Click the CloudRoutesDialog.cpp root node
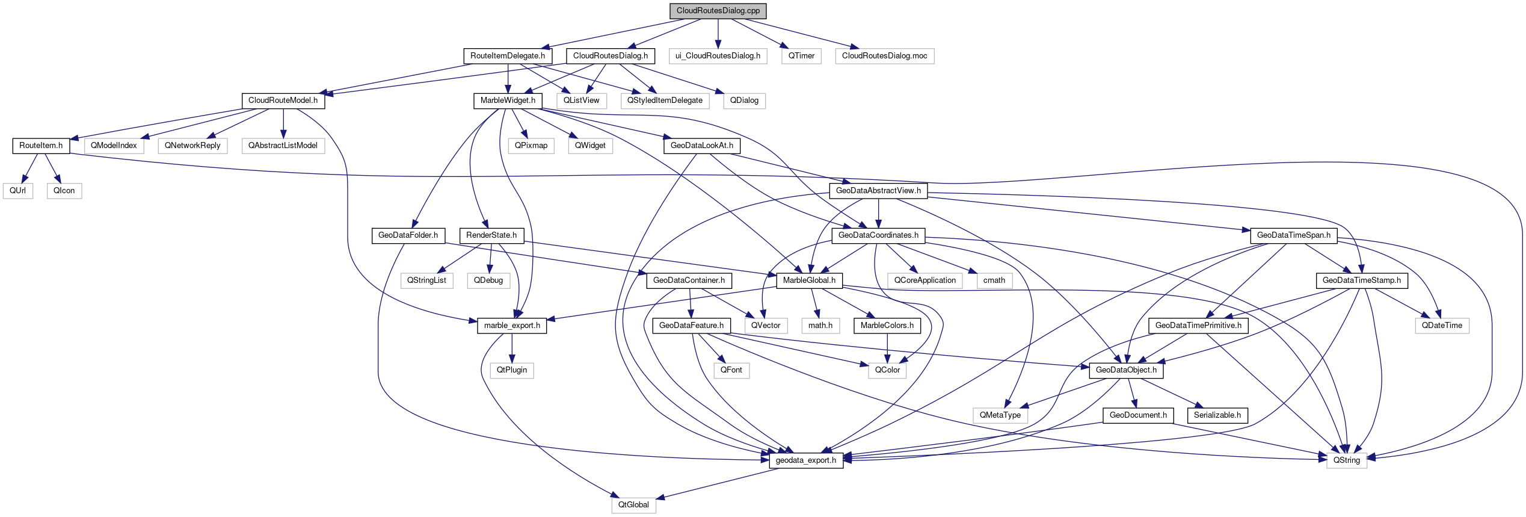(x=718, y=11)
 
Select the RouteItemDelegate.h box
(x=508, y=56)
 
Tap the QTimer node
(x=801, y=56)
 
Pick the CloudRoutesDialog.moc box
(x=884, y=56)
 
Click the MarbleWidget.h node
(x=508, y=101)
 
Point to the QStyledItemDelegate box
(x=665, y=101)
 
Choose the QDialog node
(x=744, y=101)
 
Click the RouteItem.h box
(x=41, y=146)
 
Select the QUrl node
(x=18, y=191)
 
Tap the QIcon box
(x=64, y=191)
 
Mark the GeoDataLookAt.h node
(x=701, y=146)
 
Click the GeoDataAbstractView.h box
(x=878, y=191)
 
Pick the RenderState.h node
(x=491, y=235)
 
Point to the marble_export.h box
(x=512, y=326)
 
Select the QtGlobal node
(x=633, y=505)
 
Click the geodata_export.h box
(x=806, y=460)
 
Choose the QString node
(x=1346, y=460)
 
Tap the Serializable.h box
(x=1217, y=415)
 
